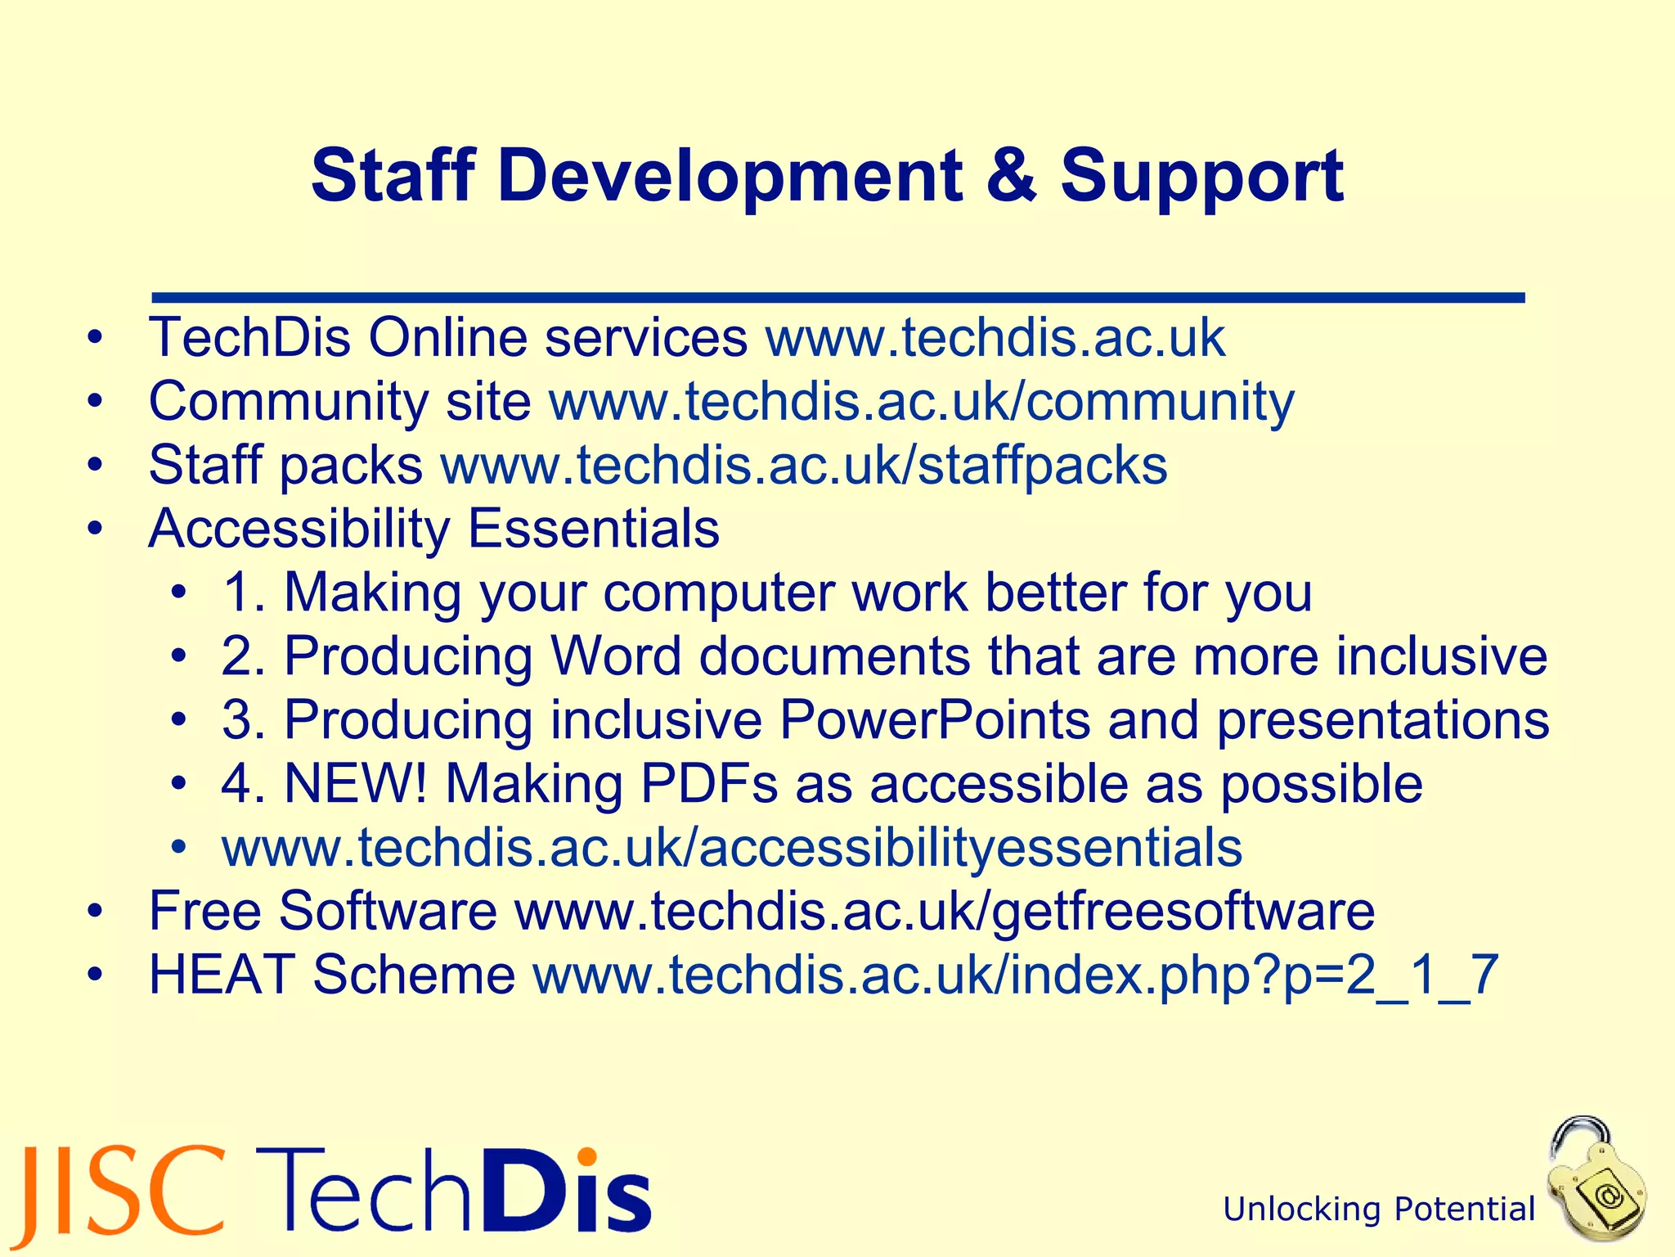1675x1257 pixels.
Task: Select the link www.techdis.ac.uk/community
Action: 921,403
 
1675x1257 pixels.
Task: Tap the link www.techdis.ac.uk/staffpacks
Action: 803,466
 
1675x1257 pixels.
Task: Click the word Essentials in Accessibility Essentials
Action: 594,529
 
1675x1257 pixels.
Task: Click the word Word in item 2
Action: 615,656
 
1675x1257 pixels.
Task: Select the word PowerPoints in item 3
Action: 935,720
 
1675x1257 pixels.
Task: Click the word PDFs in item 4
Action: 708,784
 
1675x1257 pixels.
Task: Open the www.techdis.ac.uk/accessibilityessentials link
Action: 732,848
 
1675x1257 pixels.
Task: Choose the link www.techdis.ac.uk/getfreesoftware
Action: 944,912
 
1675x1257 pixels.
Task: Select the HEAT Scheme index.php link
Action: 1015,975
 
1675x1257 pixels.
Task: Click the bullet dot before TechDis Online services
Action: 97,337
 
